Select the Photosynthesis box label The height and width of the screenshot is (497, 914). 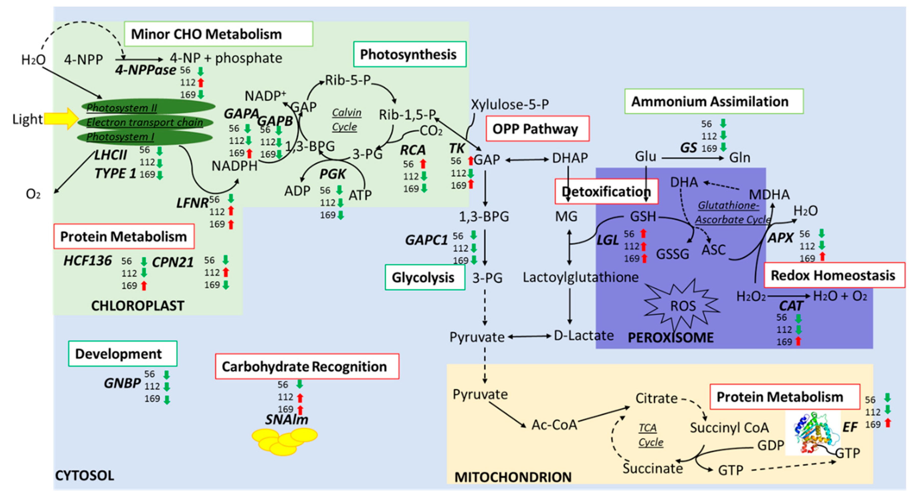(x=409, y=54)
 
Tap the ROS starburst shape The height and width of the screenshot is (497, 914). (x=682, y=305)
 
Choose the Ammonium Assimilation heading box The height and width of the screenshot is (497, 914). (x=713, y=102)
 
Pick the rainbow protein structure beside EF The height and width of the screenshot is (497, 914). (x=813, y=433)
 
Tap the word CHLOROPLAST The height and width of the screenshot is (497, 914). (x=138, y=306)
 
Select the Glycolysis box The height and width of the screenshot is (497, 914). (x=425, y=277)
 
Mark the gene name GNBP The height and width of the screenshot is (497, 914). (x=122, y=383)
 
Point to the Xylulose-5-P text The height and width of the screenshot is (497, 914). (x=510, y=104)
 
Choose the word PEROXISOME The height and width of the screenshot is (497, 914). (x=670, y=337)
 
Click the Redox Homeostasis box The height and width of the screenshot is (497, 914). (x=833, y=275)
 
